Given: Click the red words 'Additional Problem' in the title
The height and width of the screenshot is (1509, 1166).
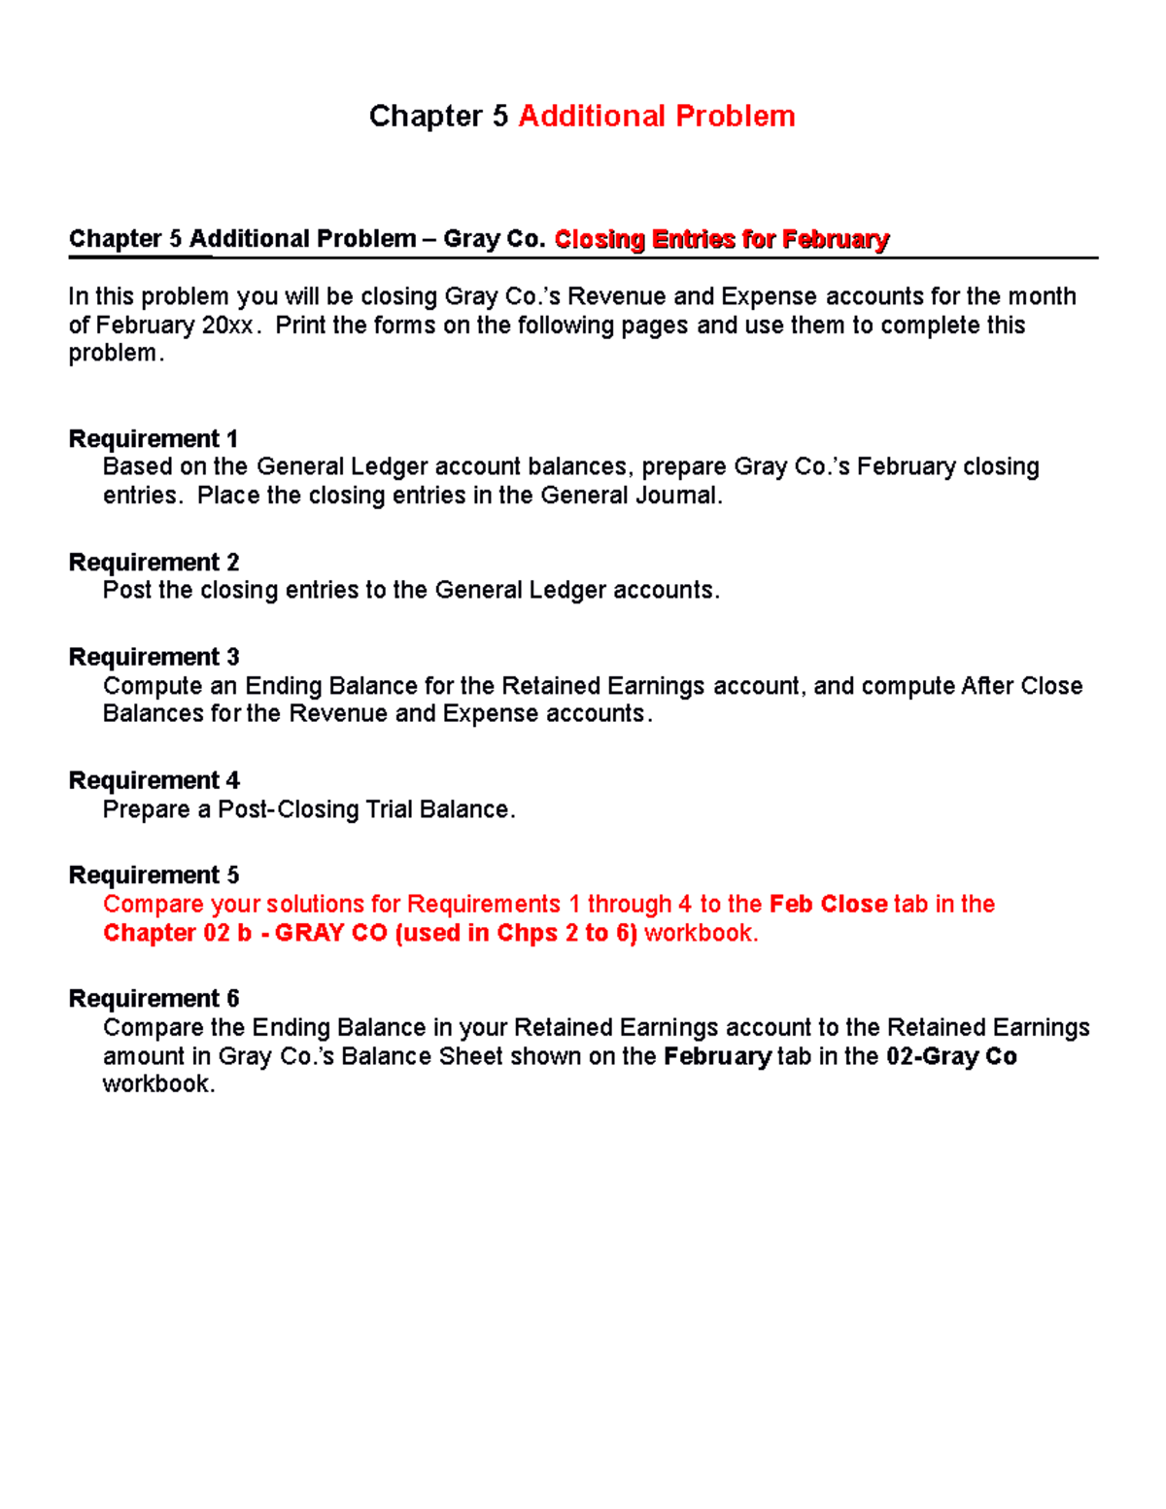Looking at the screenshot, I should (657, 117).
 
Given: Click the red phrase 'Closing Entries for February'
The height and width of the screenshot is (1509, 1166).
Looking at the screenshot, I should (721, 239).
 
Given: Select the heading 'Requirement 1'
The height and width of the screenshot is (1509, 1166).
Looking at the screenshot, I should (154, 439).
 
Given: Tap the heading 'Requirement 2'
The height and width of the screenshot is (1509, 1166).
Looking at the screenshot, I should (154, 563).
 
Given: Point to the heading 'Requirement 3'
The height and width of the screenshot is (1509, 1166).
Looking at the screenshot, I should (154, 658).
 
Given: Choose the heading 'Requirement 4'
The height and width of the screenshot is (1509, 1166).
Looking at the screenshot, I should (154, 781).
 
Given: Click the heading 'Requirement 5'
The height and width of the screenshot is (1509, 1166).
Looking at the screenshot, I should (154, 875).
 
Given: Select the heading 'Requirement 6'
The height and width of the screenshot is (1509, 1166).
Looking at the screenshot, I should (154, 999).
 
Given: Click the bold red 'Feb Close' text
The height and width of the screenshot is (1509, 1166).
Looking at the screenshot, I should (828, 905).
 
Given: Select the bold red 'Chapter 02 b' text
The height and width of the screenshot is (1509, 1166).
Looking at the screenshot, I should (177, 934).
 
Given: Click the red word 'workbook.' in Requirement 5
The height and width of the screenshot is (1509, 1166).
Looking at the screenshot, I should (702, 934).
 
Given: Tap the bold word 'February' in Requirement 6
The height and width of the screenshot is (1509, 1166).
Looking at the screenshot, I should (717, 1057).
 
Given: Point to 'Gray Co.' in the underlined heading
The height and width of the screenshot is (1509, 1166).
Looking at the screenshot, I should (494, 239).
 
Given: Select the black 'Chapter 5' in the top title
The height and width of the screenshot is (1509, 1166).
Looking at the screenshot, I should (438, 117).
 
